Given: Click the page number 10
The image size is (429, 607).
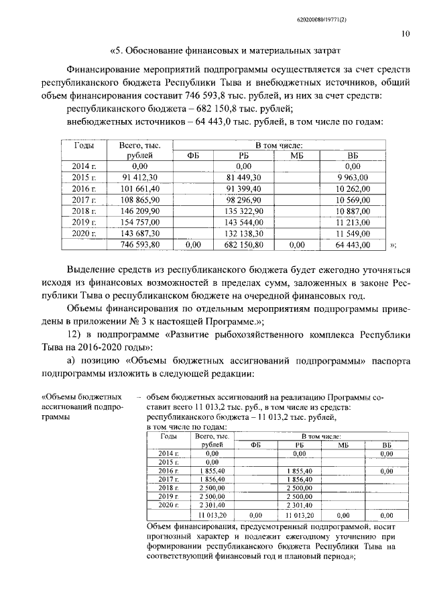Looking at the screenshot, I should click(x=406, y=32).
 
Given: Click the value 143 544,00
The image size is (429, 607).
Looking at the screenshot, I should click(x=245, y=221).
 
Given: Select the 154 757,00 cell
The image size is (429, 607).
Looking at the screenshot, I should click(x=141, y=221).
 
